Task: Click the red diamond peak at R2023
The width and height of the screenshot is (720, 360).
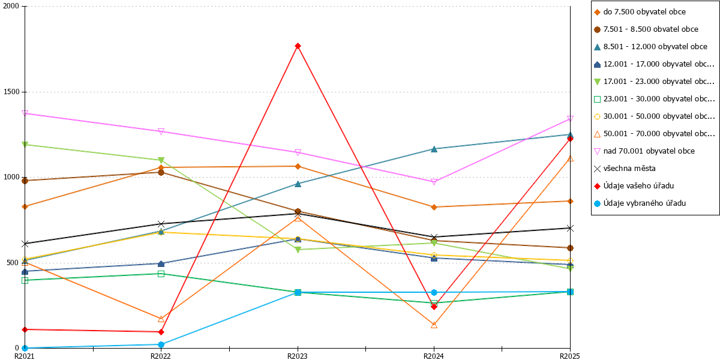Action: (298, 46)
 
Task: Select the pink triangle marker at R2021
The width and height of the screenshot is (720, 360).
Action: (25, 113)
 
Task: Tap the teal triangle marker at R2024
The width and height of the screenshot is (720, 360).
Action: (434, 149)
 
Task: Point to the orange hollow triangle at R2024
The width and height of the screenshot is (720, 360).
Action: (434, 325)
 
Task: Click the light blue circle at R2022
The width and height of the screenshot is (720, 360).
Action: (161, 344)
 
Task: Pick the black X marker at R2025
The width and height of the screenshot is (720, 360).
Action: (570, 228)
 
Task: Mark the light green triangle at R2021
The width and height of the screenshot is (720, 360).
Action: (25, 145)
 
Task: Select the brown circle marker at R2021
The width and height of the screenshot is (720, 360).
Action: (25, 181)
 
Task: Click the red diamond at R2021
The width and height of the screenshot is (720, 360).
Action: (25, 329)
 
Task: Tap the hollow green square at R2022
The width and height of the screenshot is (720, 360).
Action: (161, 274)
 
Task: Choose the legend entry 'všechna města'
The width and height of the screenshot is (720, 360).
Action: (625, 169)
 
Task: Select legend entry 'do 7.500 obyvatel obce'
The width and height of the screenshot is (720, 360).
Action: (640, 12)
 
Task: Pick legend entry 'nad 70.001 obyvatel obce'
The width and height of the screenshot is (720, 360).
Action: (644, 151)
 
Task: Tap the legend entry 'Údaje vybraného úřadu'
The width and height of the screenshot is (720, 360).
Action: (640, 203)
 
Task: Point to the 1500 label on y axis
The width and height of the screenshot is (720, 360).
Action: (11, 92)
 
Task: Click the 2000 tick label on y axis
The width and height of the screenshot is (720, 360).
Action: (11, 6)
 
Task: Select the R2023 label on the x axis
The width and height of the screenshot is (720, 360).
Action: (298, 356)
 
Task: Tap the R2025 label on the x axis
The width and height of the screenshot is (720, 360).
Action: (570, 356)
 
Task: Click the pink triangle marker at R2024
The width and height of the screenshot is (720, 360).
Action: (434, 182)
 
